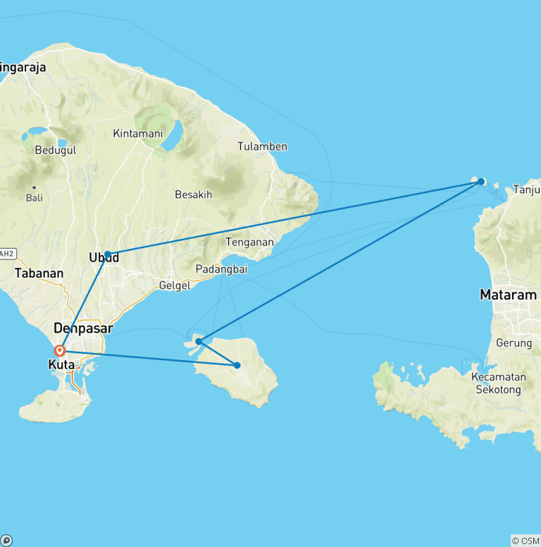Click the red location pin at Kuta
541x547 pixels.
(61, 350)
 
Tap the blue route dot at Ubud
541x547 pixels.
(108, 254)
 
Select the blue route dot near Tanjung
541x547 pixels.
(481, 181)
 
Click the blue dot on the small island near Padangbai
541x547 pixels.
(199, 341)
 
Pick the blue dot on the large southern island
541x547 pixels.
(237, 365)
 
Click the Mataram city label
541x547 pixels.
(508, 295)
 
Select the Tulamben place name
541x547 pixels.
(262, 147)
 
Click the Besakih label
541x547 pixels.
(193, 195)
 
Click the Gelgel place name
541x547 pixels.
(175, 284)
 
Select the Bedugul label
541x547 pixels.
(55, 149)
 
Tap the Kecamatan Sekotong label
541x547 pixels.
(498, 383)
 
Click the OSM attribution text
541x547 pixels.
(526, 541)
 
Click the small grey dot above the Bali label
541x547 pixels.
(34, 187)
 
